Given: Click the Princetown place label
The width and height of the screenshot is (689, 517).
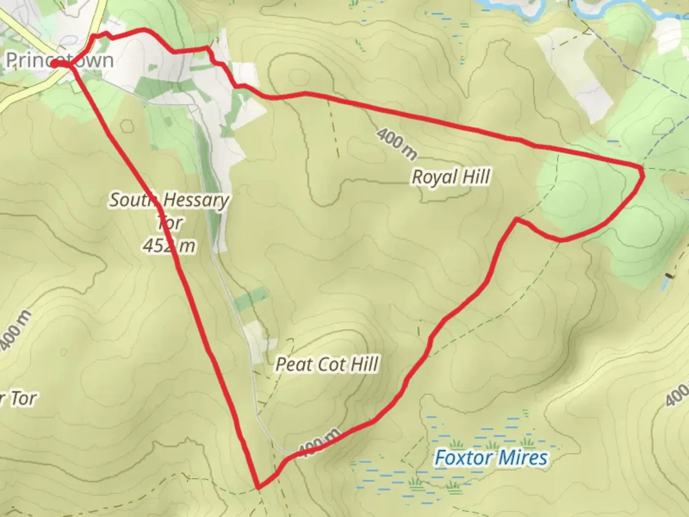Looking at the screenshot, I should pyautogui.click(x=60, y=60).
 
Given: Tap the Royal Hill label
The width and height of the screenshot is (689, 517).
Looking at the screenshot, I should pyautogui.click(x=451, y=177).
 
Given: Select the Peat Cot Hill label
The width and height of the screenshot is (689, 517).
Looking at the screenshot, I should pyautogui.click(x=327, y=364).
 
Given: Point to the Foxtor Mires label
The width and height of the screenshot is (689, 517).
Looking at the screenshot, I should pyautogui.click(x=491, y=458).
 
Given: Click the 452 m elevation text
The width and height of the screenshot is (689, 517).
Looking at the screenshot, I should pyautogui.click(x=169, y=246).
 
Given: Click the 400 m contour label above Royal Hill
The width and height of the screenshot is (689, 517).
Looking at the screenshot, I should pyautogui.click(x=397, y=143).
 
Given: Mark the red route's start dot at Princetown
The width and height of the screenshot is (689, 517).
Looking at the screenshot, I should pyautogui.click(x=55, y=64).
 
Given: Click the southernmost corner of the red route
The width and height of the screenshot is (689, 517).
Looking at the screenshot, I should pyautogui.click(x=259, y=487).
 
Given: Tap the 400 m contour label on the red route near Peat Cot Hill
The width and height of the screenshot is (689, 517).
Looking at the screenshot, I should pyautogui.click(x=319, y=442).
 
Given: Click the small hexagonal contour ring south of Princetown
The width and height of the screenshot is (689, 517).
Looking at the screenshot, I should pyautogui.click(x=127, y=125).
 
